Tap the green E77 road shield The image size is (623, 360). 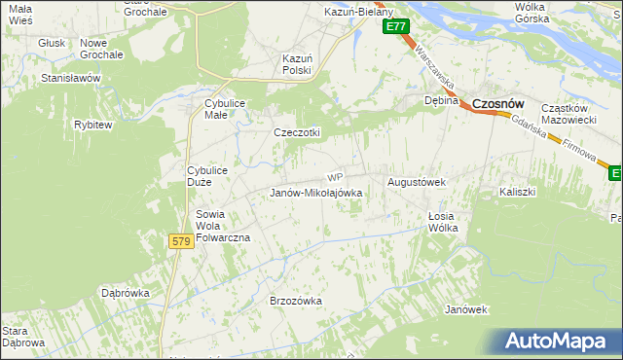click(394, 27)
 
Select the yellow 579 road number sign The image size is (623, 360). click(180, 240)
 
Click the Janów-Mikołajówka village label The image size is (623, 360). click(315, 193)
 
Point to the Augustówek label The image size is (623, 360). click(417, 182)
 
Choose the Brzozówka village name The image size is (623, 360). click(295, 301)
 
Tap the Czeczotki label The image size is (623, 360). click(297, 133)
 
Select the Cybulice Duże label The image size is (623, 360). click(207, 177)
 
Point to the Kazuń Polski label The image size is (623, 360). click(296, 64)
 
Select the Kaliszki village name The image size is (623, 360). click(517, 192)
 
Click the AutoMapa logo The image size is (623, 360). click(558, 342)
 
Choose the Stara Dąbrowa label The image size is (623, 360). click(22, 337)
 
